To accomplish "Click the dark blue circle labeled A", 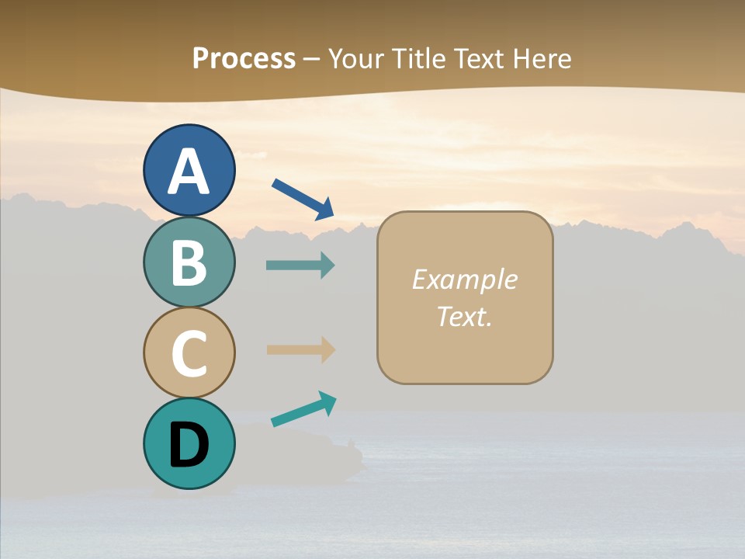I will [189, 170].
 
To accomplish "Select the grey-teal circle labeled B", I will [189, 262].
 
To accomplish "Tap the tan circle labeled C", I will [189, 352].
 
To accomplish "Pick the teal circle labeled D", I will [189, 443].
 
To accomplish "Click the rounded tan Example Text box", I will [465, 297].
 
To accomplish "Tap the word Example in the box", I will [465, 279].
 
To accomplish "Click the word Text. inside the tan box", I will [465, 316].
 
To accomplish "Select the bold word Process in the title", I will [244, 58].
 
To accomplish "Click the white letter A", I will [189, 172].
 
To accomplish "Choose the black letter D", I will [189, 445].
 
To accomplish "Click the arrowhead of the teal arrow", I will [327, 401].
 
